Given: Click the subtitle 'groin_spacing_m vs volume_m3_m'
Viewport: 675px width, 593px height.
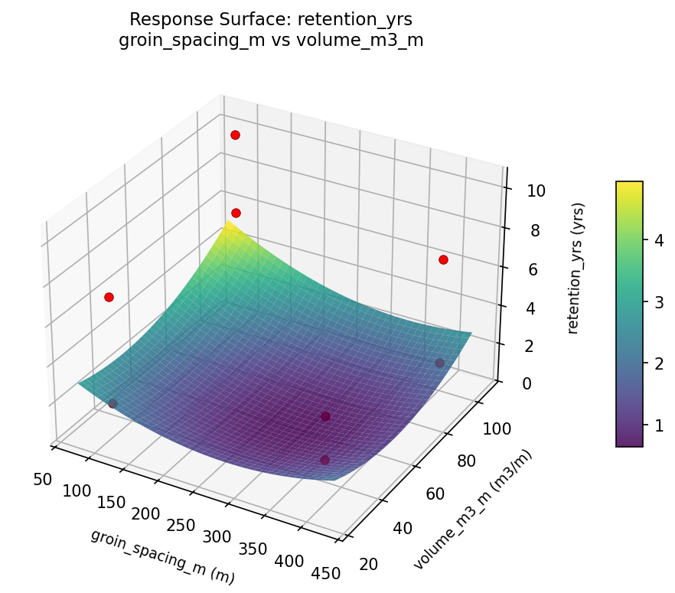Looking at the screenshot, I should point(271,41).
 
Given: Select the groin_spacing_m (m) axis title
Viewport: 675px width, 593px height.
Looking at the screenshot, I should point(162,556).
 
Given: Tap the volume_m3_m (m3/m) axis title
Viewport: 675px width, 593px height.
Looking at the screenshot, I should point(472,510).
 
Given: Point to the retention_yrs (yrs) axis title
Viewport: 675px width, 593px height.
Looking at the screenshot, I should point(579,268).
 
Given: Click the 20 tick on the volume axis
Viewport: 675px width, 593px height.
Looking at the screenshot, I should point(367,564).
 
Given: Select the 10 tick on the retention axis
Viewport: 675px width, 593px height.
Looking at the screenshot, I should point(536,191).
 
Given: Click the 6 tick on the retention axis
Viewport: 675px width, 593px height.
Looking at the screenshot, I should point(533,269).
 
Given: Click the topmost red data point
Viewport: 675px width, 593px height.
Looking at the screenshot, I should point(235,135).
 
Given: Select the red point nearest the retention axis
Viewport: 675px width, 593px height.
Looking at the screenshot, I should point(443,260).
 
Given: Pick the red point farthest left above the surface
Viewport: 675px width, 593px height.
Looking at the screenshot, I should point(109,297).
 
